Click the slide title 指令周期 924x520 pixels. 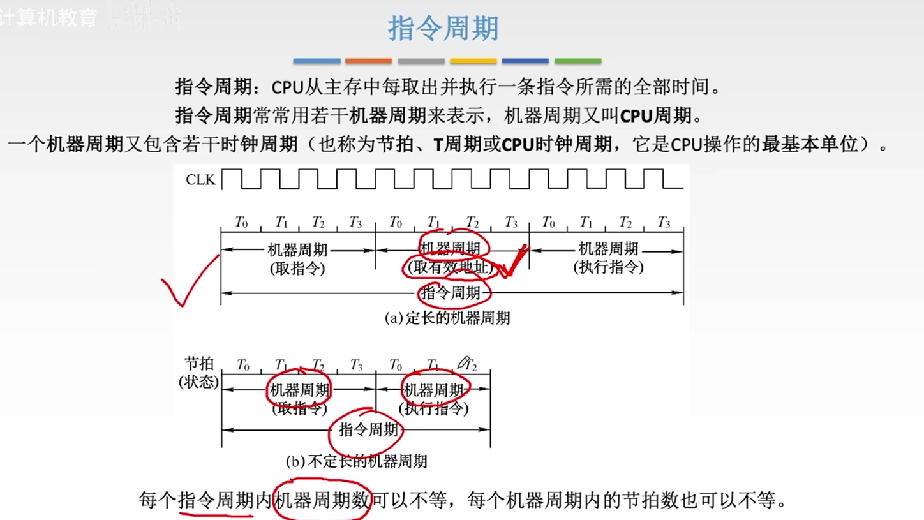click(x=443, y=29)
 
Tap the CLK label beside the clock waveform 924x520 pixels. click(x=200, y=180)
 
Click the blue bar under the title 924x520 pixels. click(x=317, y=61)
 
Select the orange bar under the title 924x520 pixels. click(x=369, y=61)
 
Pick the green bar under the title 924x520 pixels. click(x=577, y=61)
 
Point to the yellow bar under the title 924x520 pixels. click(x=473, y=61)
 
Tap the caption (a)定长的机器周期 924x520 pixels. click(x=447, y=317)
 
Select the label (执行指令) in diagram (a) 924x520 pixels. click(x=608, y=267)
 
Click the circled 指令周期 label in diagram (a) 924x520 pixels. click(x=452, y=293)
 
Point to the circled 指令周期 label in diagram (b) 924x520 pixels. click(x=369, y=429)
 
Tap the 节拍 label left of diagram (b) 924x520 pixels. click(x=198, y=364)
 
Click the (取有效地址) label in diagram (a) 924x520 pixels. click(x=452, y=268)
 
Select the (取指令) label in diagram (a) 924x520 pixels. click(x=297, y=268)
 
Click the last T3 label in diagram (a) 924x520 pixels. click(x=664, y=222)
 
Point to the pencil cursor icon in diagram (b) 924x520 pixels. click(x=463, y=363)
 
